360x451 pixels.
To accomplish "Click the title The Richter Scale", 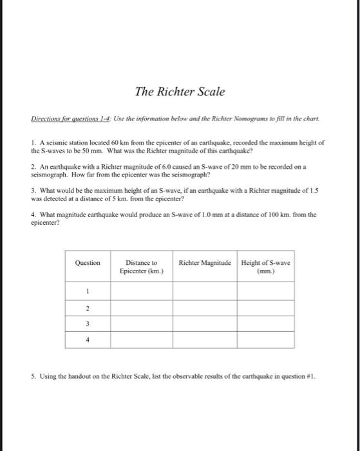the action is pos(180,91).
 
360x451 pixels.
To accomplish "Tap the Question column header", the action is pos(88,263).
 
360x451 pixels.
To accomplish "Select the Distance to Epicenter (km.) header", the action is pos(141,267).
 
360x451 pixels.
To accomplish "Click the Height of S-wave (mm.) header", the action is pos(266,267).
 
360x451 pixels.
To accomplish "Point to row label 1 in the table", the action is pos(88,291).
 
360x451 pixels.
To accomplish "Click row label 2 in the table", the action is pos(88,307).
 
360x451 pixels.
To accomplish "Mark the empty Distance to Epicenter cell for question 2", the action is pos(141,307).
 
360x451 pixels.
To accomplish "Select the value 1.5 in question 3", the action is pos(311,191).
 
